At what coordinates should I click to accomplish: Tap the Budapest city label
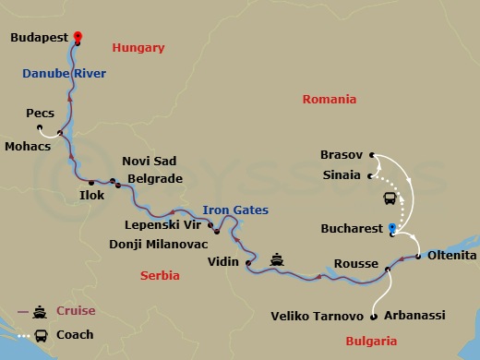pyautogui.click(x=41, y=39)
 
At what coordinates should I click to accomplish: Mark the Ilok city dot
pyautogui.click(x=91, y=183)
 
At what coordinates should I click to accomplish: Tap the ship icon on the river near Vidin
pyautogui.click(x=277, y=259)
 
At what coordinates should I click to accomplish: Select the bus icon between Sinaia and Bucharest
pyautogui.click(x=390, y=198)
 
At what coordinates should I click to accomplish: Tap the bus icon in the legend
pyautogui.click(x=41, y=335)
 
